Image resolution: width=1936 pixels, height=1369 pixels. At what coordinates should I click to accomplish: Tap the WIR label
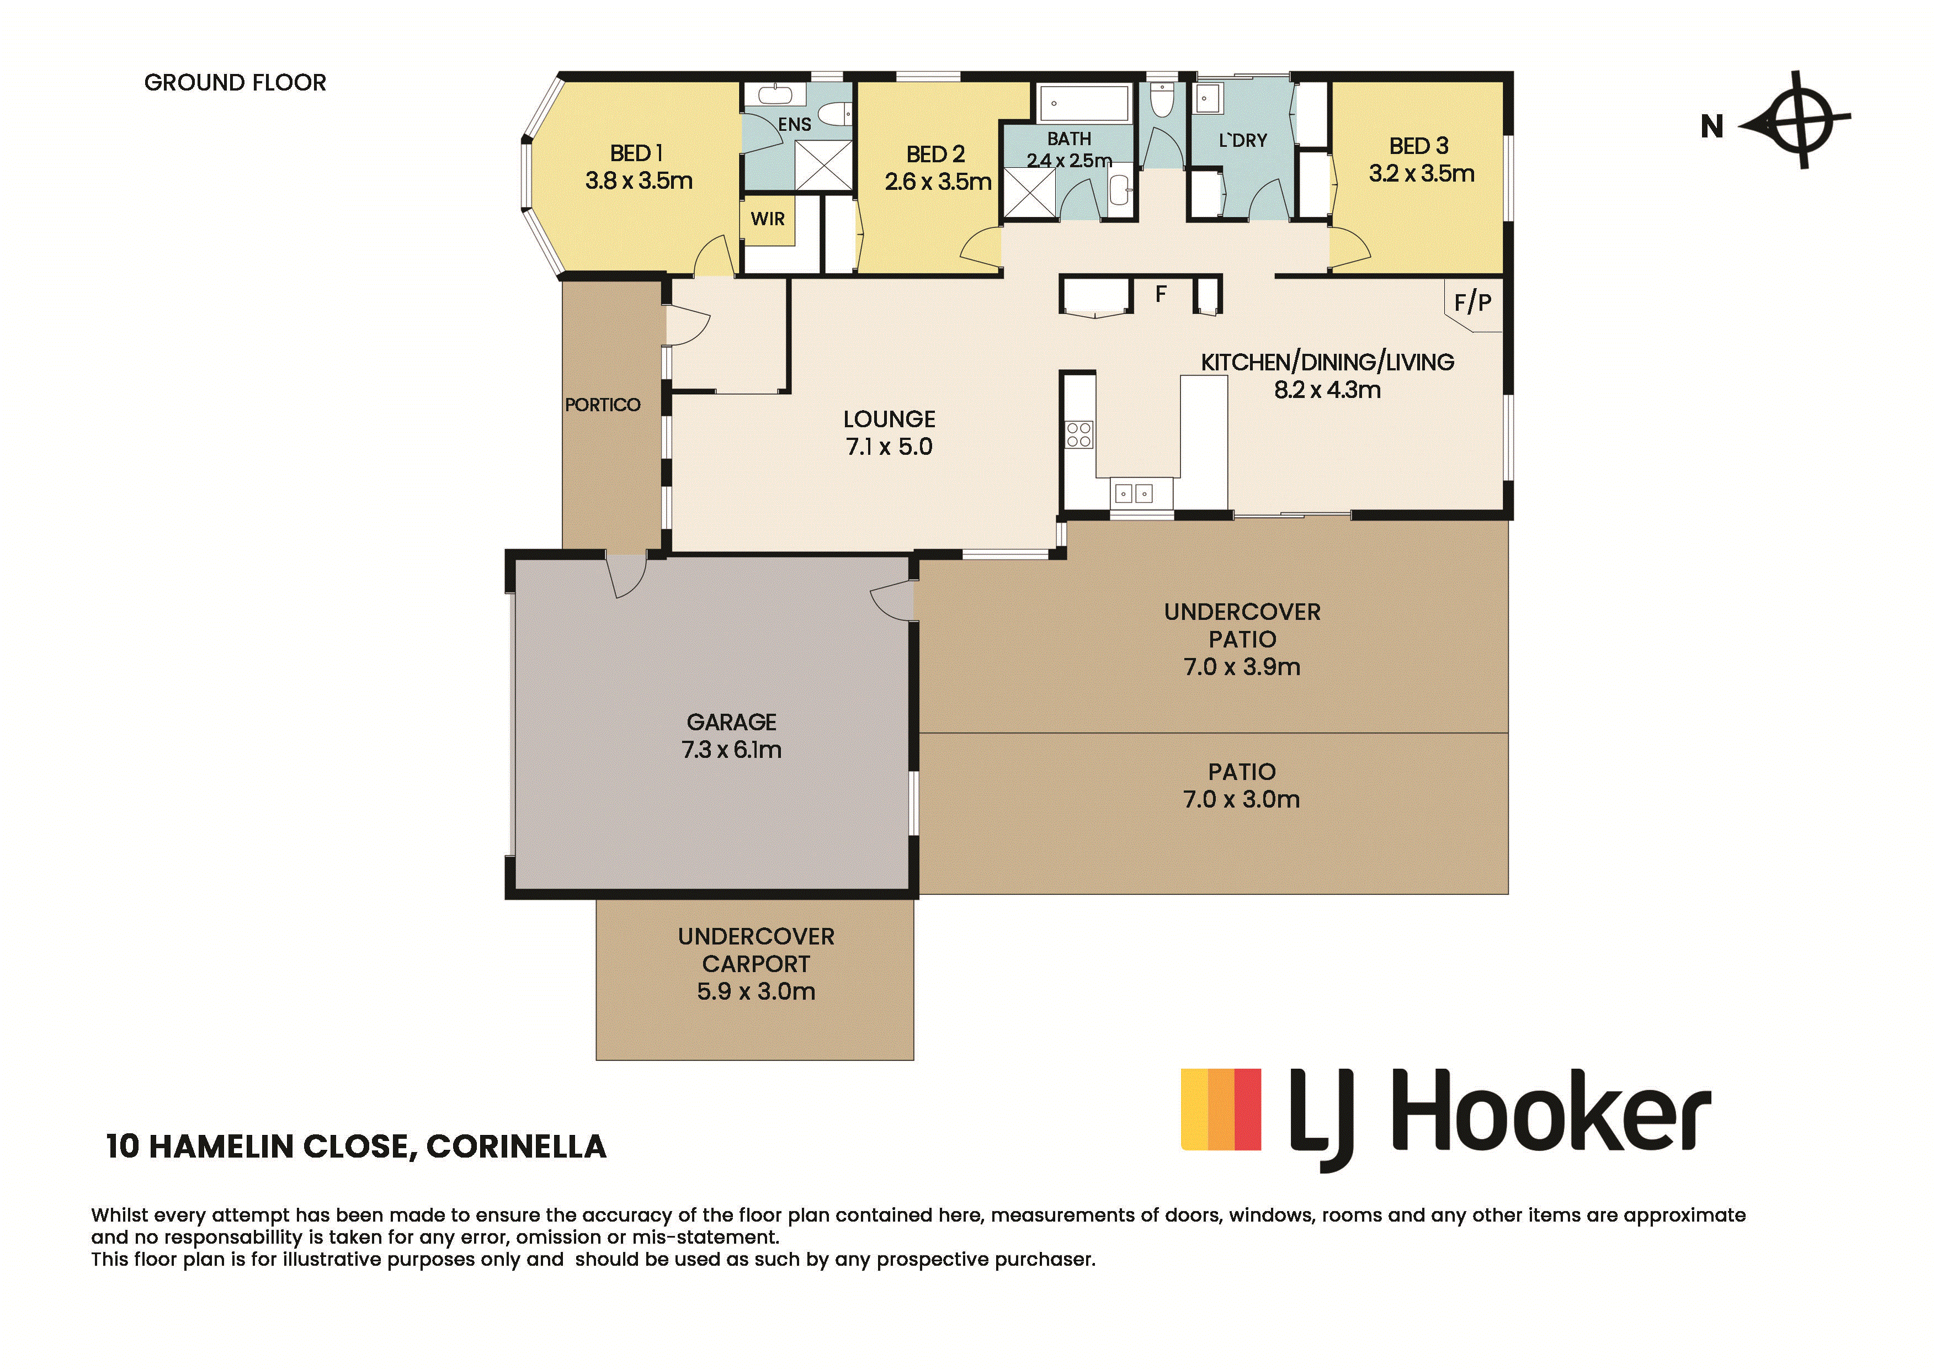click(x=767, y=219)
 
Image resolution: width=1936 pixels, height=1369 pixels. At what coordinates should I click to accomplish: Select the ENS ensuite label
click(x=794, y=125)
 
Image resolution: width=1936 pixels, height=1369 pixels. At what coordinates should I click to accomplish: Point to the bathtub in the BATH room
click(x=1083, y=103)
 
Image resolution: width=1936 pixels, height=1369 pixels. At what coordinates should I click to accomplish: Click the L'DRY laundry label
click(x=1243, y=141)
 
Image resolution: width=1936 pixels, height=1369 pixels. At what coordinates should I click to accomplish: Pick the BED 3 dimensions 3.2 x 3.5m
click(x=1422, y=174)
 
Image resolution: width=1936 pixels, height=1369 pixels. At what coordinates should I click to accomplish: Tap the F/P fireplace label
click(x=1472, y=302)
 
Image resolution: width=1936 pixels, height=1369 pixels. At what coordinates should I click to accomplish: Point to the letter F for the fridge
click(x=1161, y=294)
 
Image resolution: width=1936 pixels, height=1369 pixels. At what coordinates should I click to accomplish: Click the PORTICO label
click(x=602, y=405)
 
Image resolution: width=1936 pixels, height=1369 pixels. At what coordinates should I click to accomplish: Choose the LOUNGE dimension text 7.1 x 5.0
click(x=889, y=447)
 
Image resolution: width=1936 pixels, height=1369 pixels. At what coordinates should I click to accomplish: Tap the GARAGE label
click(x=731, y=722)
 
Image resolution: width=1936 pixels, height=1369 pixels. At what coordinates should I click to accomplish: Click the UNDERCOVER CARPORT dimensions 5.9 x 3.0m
click(x=756, y=991)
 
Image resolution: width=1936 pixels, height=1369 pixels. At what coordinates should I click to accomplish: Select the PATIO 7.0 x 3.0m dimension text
click(x=1241, y=800)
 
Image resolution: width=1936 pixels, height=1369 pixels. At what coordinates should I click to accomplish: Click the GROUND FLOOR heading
click(x=235, y=83)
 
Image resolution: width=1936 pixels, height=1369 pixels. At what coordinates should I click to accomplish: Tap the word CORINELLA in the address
click(x=516, y=1147)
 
